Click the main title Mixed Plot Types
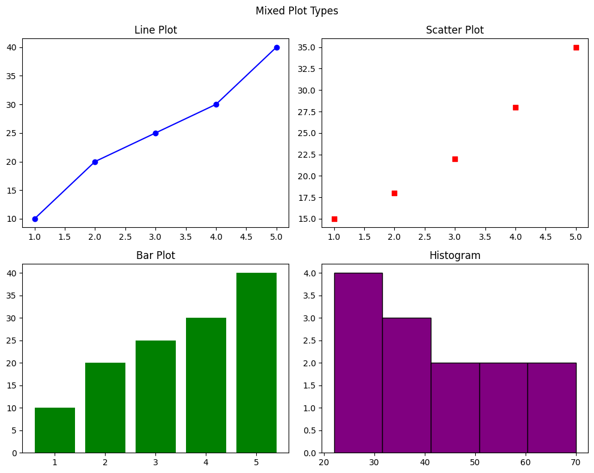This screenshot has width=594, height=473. pos(296,11)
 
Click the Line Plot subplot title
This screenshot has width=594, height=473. pos(155,30)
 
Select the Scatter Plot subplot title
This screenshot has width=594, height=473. pos(454,30)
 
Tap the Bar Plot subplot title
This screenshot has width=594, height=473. pos(155,255)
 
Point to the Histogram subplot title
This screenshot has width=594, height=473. pos(454,255)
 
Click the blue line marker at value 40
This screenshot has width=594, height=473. pos(277,47)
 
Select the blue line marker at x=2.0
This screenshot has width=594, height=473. pos(95,162)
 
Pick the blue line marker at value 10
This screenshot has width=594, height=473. pos(35,219)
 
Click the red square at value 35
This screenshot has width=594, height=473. pos(576,47)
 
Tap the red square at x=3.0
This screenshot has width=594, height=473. pos(455,159)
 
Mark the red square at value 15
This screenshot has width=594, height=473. pos(334,219)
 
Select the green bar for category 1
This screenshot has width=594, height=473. pos(55,430)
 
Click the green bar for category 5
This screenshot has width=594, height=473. pos(256,363)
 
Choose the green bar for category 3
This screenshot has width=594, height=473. pos(155,396)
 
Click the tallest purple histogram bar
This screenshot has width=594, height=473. pos(358,363)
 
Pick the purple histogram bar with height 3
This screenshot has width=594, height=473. pos(406,385)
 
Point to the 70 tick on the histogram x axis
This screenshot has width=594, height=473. pos(576,463)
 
